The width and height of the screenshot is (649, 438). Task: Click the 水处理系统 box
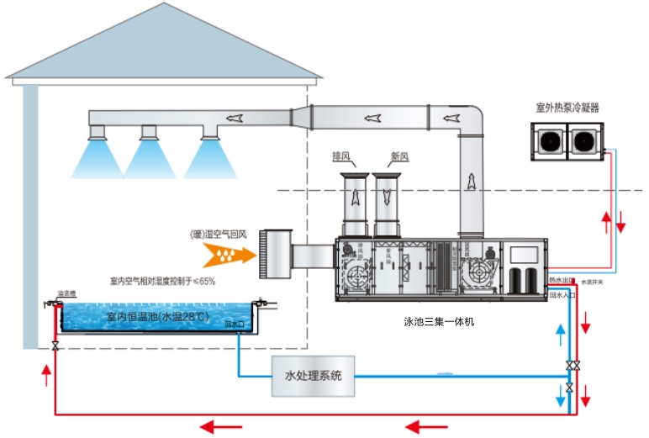[314, 376]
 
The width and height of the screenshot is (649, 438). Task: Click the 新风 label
[400, 156]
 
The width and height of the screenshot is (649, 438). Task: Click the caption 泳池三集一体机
[439, 320]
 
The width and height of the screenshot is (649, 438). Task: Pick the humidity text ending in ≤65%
[162, 281]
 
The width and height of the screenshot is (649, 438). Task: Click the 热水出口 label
[561, 279]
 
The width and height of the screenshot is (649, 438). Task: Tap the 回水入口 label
[561, 295]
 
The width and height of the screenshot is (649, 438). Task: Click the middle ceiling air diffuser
[149, 132]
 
